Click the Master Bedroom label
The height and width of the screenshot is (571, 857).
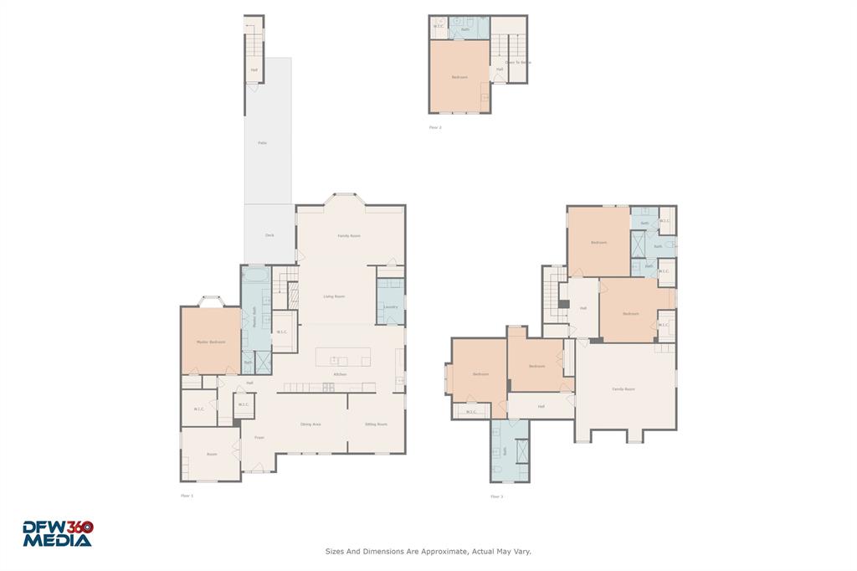click(x=211, y=342)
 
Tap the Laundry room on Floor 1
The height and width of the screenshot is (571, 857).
click(x=390, y=307)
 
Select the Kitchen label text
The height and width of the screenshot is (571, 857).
click(x=341, y=374)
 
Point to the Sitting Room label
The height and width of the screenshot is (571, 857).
click(x=376, y=424)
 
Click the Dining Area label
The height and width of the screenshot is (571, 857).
click(x=310, y=424)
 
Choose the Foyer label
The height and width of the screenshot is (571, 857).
click(x=259, y=437)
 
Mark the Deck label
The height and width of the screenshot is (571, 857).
click(x=269, y=235)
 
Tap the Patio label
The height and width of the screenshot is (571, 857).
click(x=262, y=143)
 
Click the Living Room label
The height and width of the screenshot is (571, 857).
click(x=336, y=296)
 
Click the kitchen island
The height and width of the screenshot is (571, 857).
click(x=343, y=358)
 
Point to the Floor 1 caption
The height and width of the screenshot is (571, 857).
click(x=187, y=496)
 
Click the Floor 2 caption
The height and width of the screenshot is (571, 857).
click(x=434, y=127)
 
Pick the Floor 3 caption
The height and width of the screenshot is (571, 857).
click(x=496, y=496)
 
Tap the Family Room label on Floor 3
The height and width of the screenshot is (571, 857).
click(x=624, y=389)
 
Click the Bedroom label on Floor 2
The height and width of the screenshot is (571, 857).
click(x=459, y=77)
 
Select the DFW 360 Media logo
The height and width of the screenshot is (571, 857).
click(x=57, y=534)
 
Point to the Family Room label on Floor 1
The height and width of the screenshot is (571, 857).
click(x=349, y=236)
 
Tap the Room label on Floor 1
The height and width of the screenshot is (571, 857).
click(x=212, y=455)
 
